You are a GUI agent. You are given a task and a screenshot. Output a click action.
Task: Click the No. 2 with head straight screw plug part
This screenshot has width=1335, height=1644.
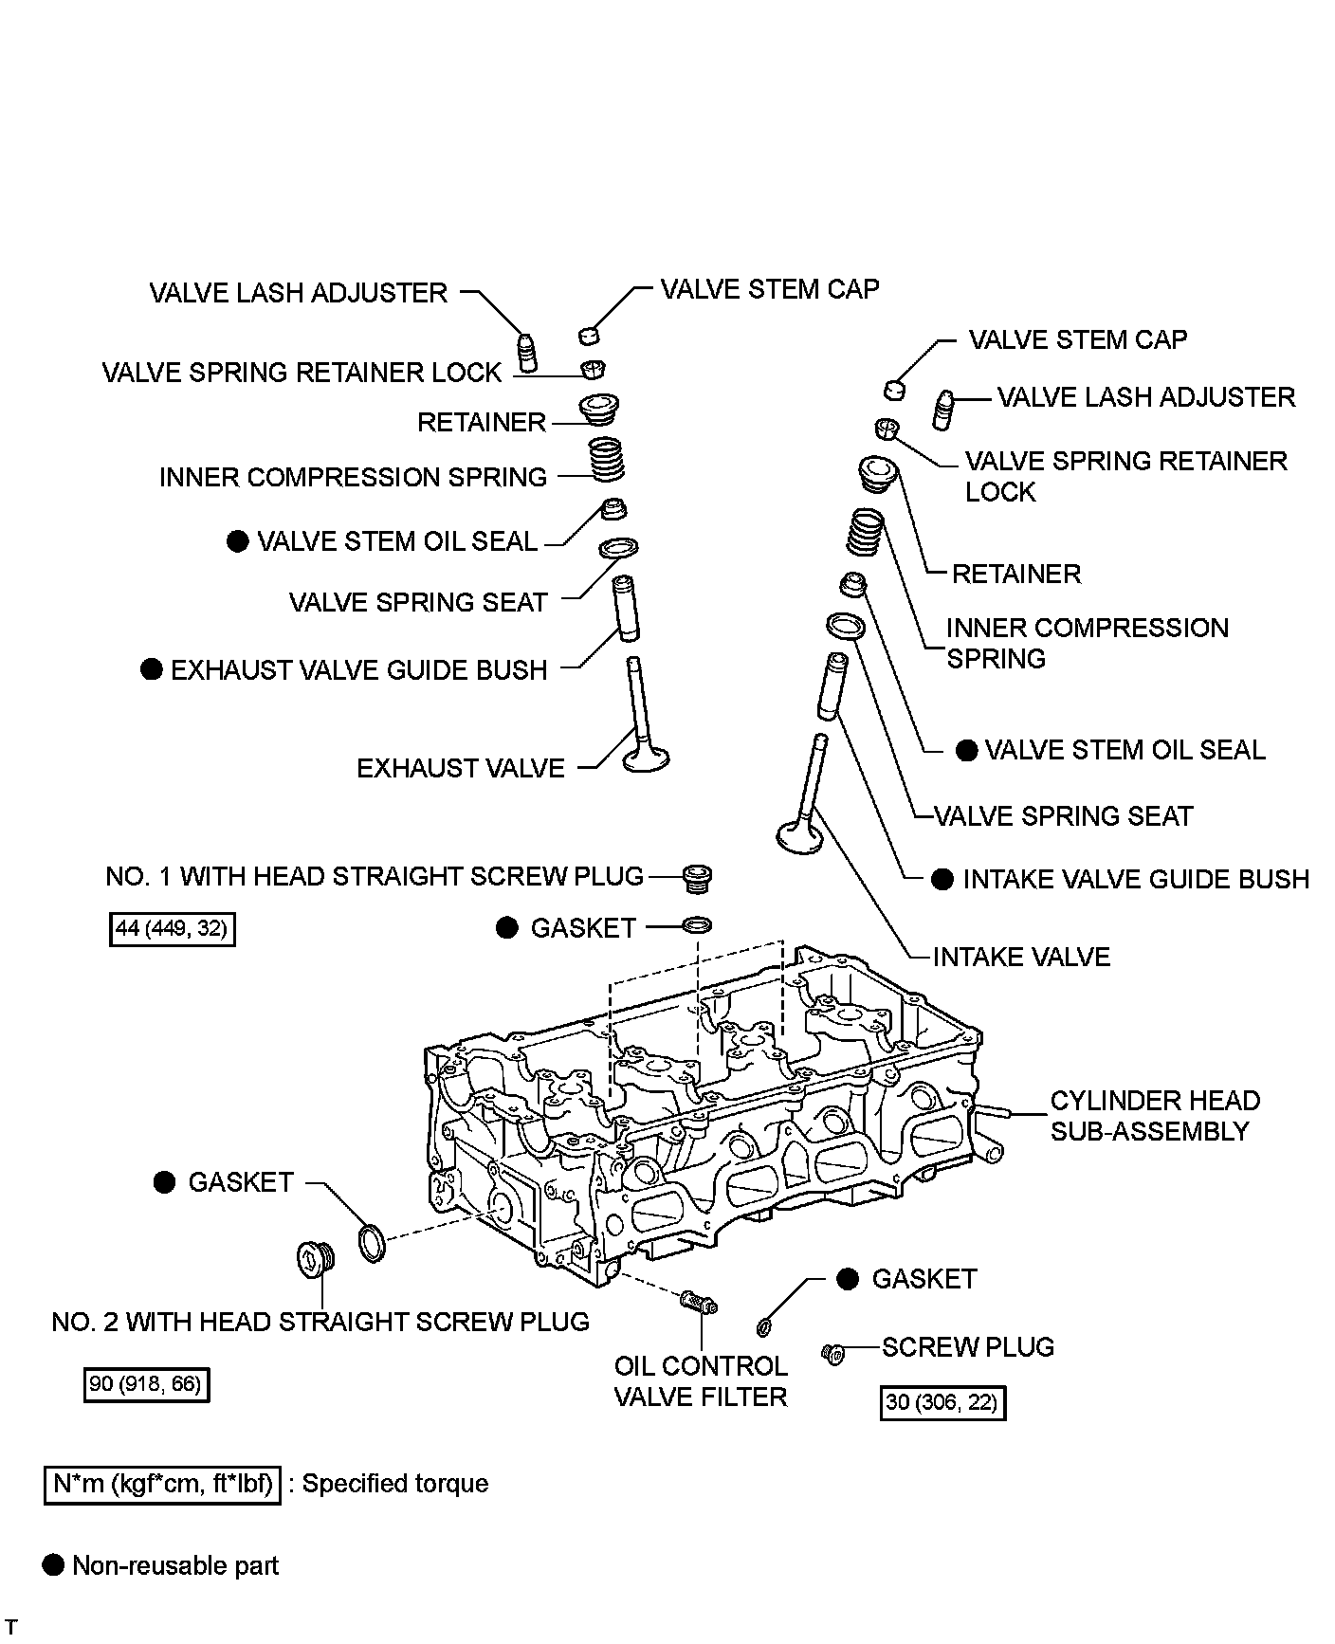click(312, 1261)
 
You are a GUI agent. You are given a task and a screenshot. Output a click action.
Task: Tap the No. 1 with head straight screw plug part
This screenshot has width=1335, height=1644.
click(697, 877)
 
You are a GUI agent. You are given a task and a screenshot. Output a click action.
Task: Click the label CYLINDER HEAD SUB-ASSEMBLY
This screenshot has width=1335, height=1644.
click(1155, 1116)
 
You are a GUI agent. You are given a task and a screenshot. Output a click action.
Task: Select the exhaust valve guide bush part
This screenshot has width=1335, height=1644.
click(625, 609)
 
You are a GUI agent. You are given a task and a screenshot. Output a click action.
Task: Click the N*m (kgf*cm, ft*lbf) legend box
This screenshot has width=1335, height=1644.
click(162, 1484)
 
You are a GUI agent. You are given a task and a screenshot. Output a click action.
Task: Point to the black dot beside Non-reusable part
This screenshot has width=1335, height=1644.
click(54, 1565)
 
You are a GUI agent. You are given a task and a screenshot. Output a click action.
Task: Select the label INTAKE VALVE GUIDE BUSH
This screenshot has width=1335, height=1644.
click(1136, 880)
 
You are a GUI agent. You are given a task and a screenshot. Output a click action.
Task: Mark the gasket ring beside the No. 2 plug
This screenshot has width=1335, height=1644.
click(373, 1244)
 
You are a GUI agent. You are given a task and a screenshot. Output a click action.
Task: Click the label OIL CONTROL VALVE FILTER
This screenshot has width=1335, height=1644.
click(701, 1381)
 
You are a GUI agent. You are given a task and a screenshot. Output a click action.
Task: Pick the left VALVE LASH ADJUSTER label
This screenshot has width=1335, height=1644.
click(299, 293)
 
